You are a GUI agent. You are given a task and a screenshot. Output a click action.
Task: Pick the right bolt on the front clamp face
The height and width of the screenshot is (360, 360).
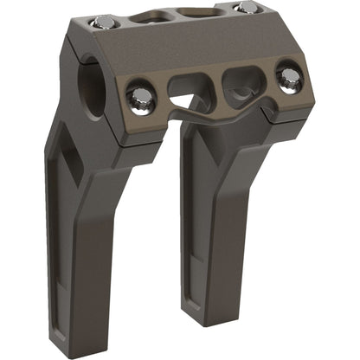point(289,75)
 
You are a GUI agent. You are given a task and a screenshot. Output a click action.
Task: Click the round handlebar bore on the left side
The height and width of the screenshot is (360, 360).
point(89,84)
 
